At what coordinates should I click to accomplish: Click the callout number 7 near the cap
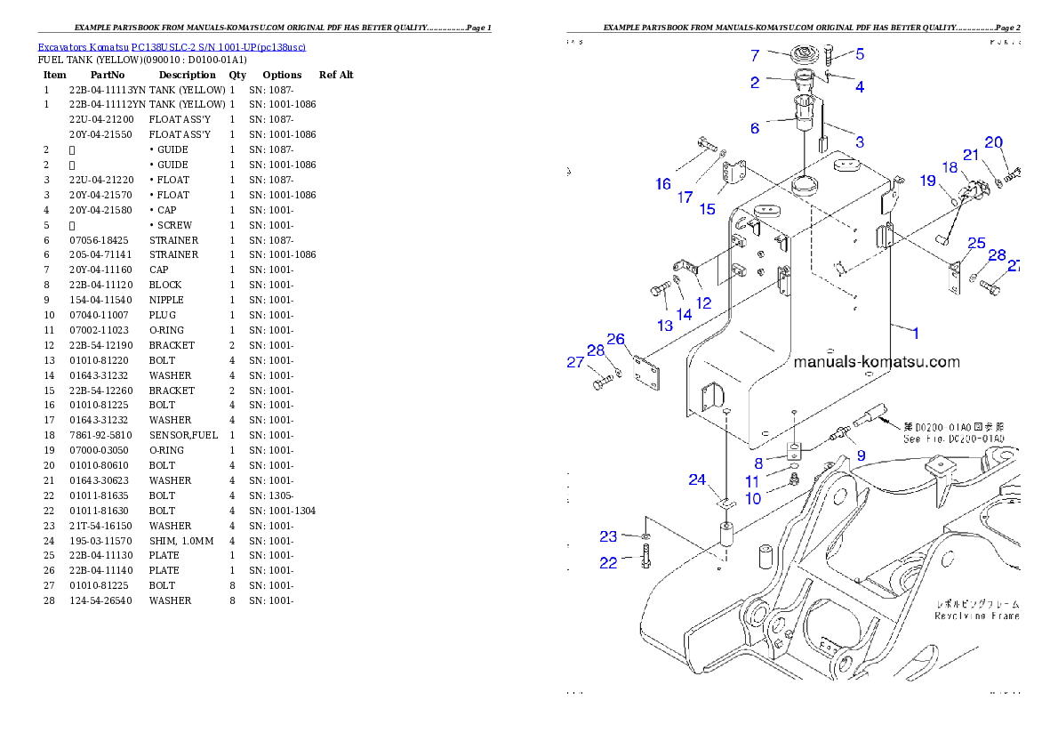pos(755,56)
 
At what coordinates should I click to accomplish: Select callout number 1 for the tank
pos(916,333)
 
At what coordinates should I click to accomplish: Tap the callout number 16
pos(663,184)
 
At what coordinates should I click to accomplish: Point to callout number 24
pos(697,480)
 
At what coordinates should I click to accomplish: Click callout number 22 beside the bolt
pos(608,563)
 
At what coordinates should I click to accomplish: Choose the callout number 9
pos(861,455)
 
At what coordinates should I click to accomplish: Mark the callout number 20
pos(993,142)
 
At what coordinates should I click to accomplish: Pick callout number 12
pos(703,303)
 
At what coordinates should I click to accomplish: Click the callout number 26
pos(616,339)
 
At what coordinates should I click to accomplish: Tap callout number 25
pos(976,244)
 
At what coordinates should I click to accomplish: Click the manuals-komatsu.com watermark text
pos(876,362)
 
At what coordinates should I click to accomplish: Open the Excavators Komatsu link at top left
pos(172,47)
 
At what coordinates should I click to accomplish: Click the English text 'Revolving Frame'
pos(976,616)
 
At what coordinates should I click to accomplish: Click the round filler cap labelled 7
pos(806,54)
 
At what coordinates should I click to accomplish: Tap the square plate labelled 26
pos(645,374)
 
